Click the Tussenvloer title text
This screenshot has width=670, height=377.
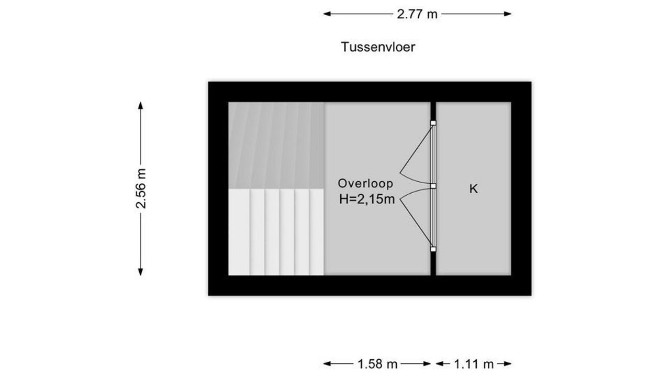tap(378, 47)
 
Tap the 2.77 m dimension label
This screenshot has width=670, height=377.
tap(417, 14)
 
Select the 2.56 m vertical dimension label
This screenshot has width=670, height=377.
tap(141, 188)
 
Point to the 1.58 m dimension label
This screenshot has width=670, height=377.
tap(377, 364)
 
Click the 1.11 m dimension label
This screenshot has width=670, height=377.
tap(474, 364)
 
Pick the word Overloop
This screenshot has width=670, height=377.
tap(365, 183)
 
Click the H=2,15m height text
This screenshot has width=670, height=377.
tap(367, 199)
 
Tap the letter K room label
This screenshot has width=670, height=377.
tap(474, 189)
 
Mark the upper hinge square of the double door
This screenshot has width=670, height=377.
tap(433, 123)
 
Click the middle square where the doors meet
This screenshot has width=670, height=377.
tap(433, 186)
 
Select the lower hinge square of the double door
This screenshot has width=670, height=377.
tap(433, 249)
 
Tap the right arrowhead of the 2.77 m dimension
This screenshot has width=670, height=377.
tap(508, 14)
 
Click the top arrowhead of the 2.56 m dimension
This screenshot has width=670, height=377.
tap(141, 106)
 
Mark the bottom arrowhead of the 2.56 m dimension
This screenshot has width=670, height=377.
tap(141, 272)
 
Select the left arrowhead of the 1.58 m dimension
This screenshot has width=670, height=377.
tap(327, 364)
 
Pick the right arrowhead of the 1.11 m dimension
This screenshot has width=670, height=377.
tap(508, 364)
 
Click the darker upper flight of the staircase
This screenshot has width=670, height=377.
tap(276, 146)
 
